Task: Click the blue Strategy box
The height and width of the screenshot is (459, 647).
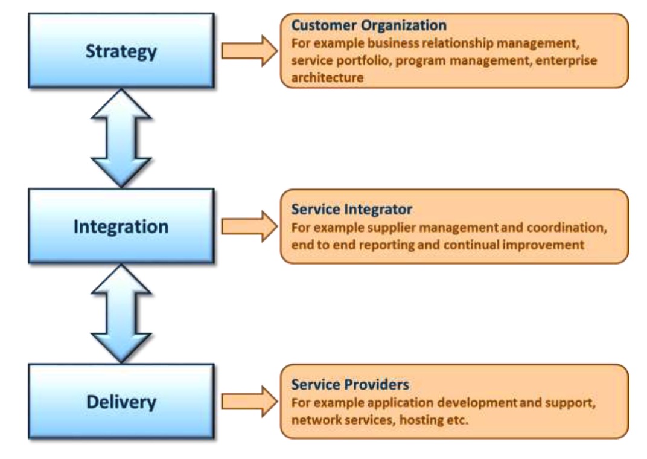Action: [x=121, y=51]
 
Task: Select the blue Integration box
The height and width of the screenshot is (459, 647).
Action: [x=121, y=226]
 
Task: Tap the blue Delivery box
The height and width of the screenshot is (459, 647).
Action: [x=121, y=402]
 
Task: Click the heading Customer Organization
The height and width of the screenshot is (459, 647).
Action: [x=369, y=26]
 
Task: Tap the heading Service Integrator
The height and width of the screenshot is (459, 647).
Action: [x=352, y=210]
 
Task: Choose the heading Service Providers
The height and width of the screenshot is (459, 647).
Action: [x=350, y=384]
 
